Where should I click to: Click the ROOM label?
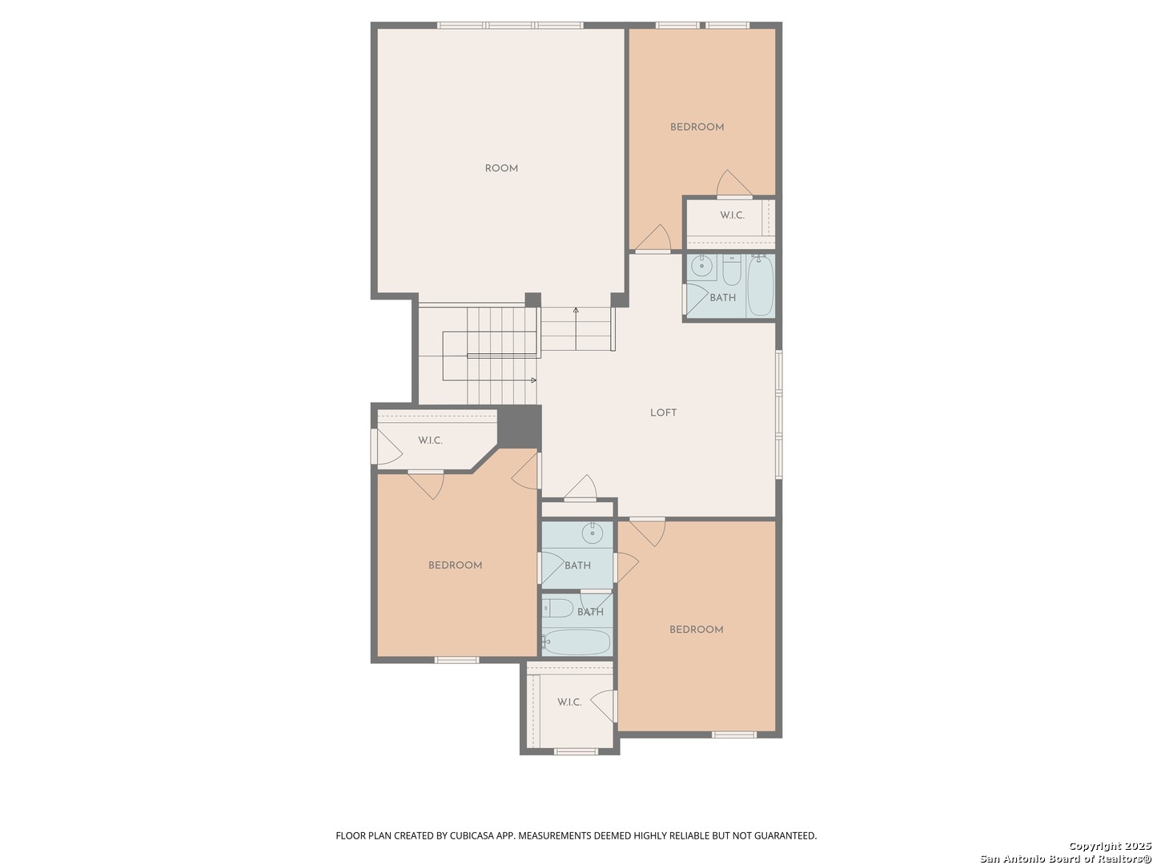[x=501, y=168]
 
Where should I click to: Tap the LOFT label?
[x=663, y=412]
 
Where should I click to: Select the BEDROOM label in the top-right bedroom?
[x=697, y=127]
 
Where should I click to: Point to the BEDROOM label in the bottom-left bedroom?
[x=455, y=565]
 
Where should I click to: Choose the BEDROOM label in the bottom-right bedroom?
[x=696, y=630]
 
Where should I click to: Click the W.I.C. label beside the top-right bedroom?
[x=732, y=215]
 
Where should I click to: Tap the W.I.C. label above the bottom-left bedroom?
[x=430, y=441]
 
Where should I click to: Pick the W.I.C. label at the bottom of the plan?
[x=568, y=702]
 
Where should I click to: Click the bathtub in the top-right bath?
[x=760, y=286]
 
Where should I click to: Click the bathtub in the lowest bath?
[x=576, y=642]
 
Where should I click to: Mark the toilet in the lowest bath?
[x=557, y=609]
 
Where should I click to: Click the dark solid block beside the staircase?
[x=519, y=426]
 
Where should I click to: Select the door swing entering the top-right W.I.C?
[x=733, y=183]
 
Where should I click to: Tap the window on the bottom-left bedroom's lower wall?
[x=456, y=660]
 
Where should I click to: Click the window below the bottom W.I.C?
[x=576, y=751]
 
